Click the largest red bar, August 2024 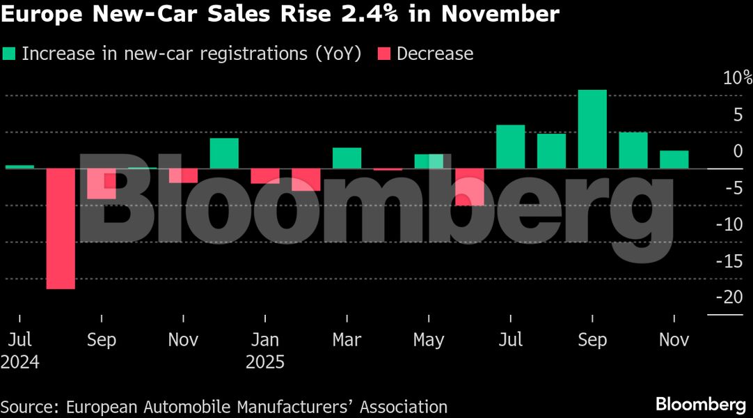pyautogui.click(x=61, y=229)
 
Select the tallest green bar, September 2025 pyautogui.click(x=592, y=130)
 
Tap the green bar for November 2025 pyautogui.click(x=674, y=160)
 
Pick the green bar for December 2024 pyautogui.click(x=224, y=153)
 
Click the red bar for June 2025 pyautogui.click(x=470, y=187)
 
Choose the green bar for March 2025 pyautogui.click(x=347, y=158)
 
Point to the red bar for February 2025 pyautogui.click(x=306, y=180)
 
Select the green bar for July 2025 pyautogui.click(x=510, y=147)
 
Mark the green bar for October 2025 pyautogui.click(x=633, y=150)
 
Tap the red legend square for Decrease pyautogui.click(x=383, y=54)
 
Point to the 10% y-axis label pyautogui.click(x=737, y=77)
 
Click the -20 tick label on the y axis pyautogui.click(x=733, y=297)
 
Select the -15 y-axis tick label pyautogui.click(x=733, y=261)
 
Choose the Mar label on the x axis pyautogui.click(x=347, y=340)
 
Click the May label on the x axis pyautogui.click(x=429, y=340)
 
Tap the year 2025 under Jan pyautogui.click(x=265, y=363)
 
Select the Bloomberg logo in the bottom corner pyautogui.click(x=700, y=405)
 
